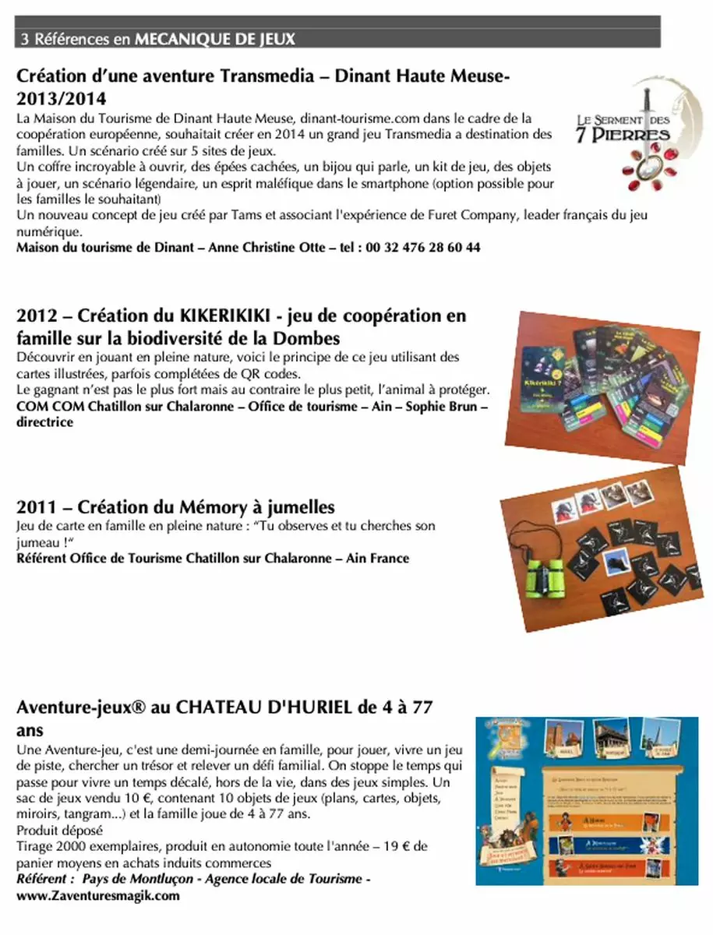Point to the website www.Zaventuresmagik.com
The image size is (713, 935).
click(98, 895)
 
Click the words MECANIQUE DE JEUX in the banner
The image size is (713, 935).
click(215, 38)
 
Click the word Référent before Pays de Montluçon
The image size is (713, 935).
click(44, 879)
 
